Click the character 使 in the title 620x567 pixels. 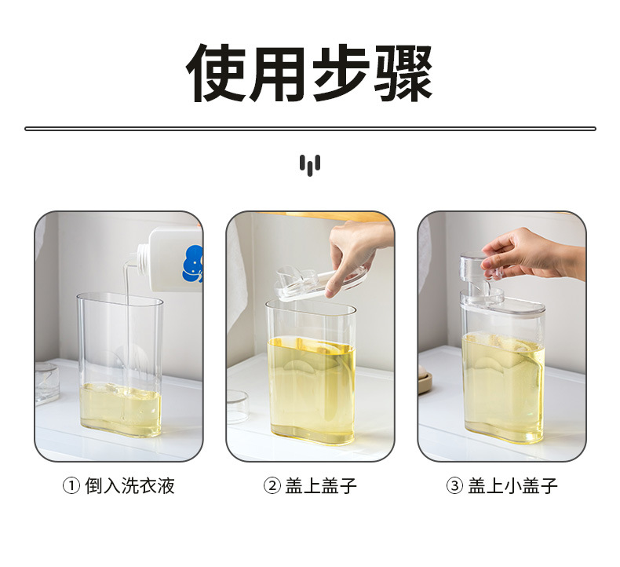pyautogui.click(x=217, y=73)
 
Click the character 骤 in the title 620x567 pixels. pyautogui.click(x=403, y=73)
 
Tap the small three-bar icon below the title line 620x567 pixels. pyautogui.click(x=310, y=165)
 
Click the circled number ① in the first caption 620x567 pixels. pyautogui.click(x=71, y=486)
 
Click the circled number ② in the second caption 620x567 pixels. pyautogui.click(x=272, y=486)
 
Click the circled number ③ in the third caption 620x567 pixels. pyautogui.click(x=454, y=486)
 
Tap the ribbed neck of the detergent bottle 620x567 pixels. pyautogui.click(x=144, y=254)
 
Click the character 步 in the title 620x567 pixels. pyautogui.click(x=342, y=73)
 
